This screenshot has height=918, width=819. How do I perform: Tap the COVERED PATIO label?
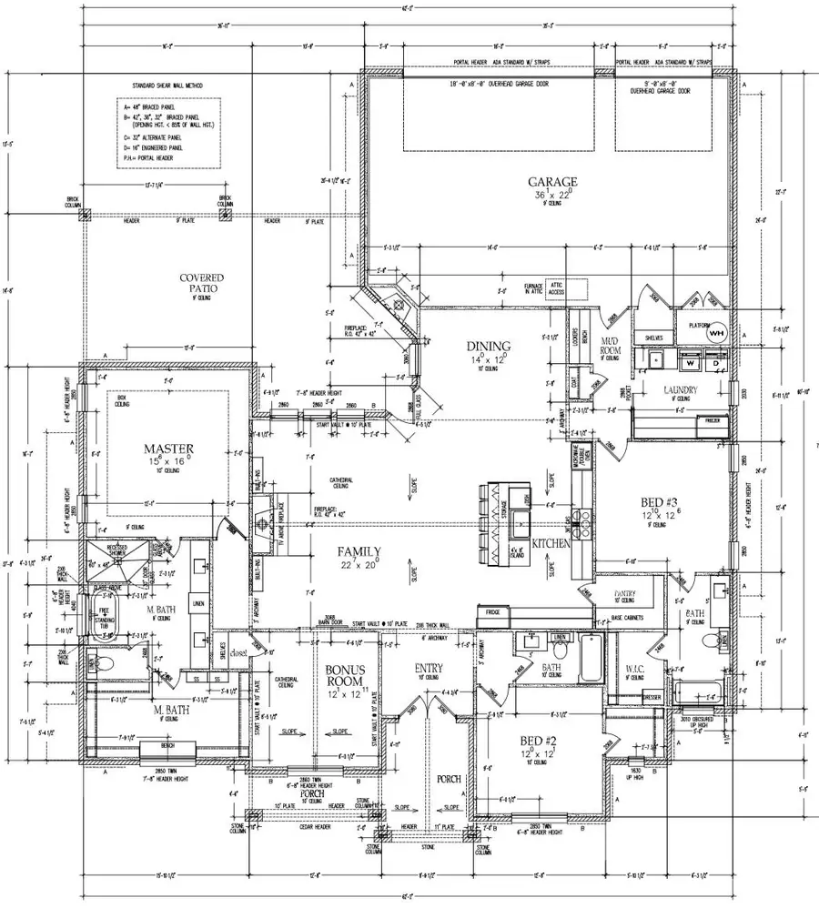click(201, 284)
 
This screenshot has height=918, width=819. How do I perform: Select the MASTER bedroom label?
click(165, 449)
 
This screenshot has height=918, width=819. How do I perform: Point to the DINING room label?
click(489, 346)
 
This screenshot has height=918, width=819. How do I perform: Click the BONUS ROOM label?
click(345, 674)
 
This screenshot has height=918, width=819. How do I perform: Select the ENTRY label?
click(428, 667)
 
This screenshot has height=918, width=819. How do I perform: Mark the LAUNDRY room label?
click(681, 390)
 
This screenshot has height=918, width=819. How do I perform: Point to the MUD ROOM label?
click(610, 346)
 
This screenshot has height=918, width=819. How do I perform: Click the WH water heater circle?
click(716, 333)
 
